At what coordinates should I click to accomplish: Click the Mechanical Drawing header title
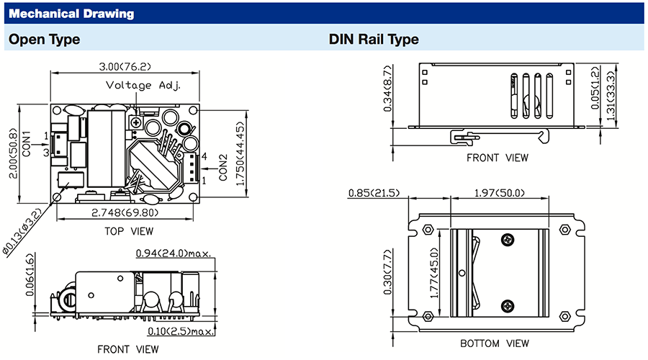(71, 14)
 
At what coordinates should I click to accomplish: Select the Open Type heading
(44, 40)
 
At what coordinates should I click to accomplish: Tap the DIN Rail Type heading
(374, 40)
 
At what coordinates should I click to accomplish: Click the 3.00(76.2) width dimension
(125, 66)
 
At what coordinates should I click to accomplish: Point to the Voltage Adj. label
(143, 86)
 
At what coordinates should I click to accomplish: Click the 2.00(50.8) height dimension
(14, 153)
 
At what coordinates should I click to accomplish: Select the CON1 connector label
(27, 144)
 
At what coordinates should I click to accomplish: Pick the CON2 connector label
(223, 167)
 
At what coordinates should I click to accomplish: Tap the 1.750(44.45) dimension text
(240, 153)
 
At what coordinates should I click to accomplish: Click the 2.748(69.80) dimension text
(125, 213)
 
